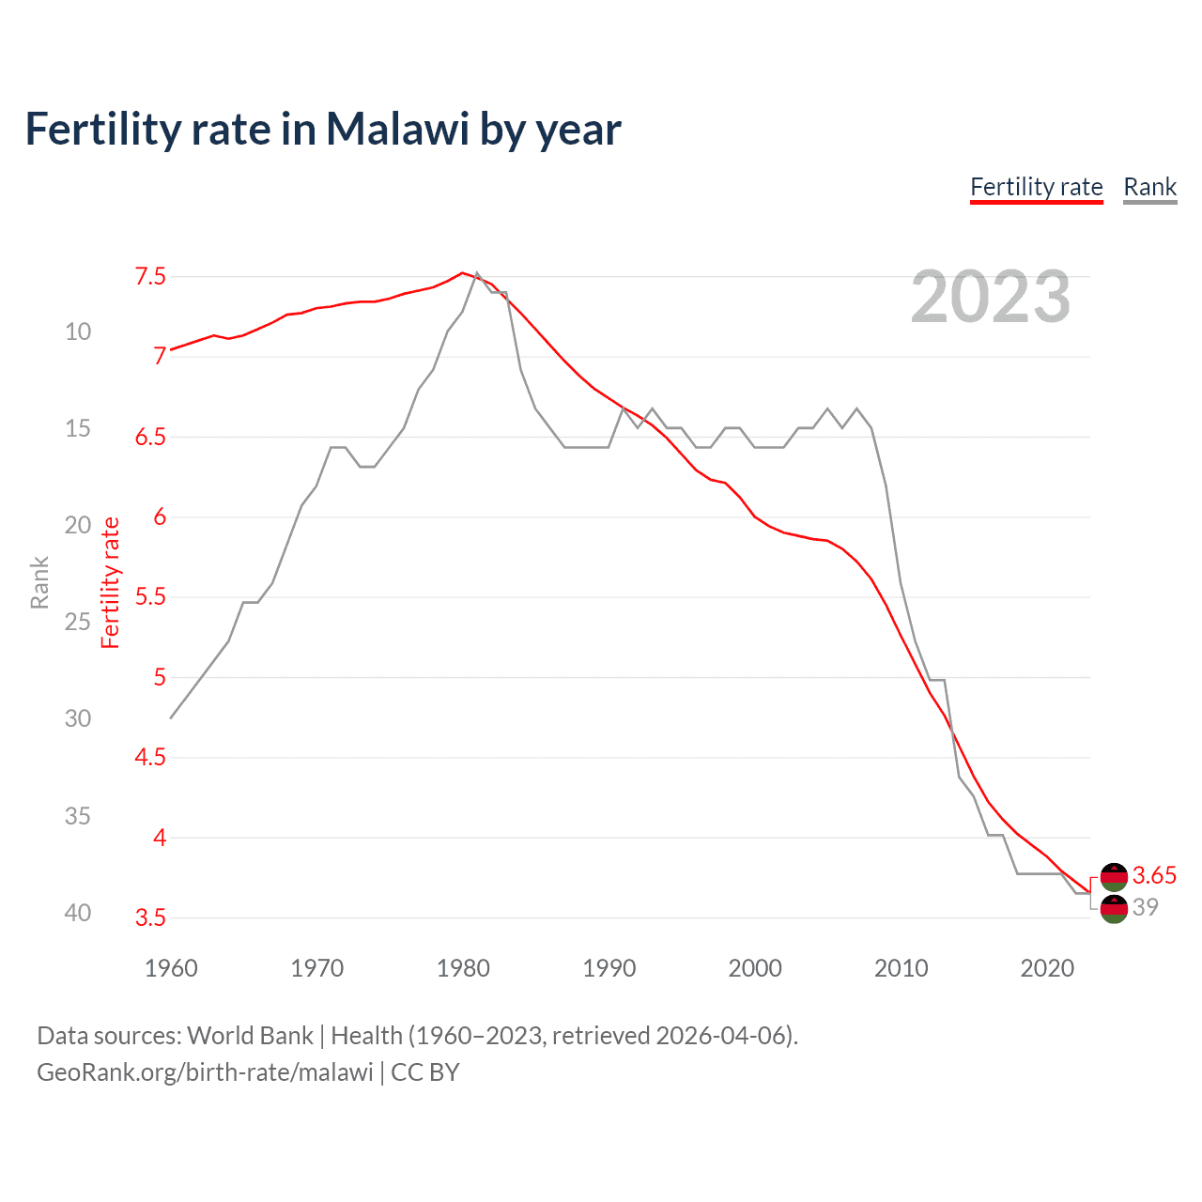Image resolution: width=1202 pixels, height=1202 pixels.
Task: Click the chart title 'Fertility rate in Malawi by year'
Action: [x=323, y=130]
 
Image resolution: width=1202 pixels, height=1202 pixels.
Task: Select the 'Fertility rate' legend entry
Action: [x=1036, y=187]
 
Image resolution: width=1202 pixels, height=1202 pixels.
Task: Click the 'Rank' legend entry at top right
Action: [x=1149, y=187]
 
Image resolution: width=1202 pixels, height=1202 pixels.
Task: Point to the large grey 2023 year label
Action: [x=990, y=297]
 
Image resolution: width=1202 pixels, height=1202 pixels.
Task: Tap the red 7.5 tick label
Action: [x=150, y=276]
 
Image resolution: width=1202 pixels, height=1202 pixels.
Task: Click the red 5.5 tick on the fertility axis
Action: [x=150, y=597]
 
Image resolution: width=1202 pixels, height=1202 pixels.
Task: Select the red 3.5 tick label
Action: [x=150, y=917]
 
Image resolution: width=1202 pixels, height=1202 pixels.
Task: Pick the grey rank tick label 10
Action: [x=78, y=331]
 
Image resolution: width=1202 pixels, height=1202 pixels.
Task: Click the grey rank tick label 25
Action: [x=78, y=622]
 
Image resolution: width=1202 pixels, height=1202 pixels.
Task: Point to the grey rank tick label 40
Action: [x=78, y=913]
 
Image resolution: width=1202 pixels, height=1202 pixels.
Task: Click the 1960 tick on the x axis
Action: [x=171, y=968]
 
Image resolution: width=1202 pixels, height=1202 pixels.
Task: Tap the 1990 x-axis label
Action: [x=609, y=968]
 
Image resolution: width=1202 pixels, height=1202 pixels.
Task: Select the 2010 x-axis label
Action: [x=901, y=968]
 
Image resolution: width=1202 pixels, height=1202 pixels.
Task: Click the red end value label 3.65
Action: [x=1154, y=875]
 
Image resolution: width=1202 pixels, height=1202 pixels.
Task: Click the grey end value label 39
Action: [x=1146, y=907]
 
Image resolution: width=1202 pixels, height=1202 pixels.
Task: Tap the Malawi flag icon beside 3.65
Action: [x=1114, y=876]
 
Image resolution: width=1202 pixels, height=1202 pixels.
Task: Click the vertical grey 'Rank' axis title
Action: [x=39, y=582]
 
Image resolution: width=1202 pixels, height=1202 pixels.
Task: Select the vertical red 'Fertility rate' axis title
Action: [x=111, y=582]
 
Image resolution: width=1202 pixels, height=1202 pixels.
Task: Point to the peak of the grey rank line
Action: [x=477, y=273]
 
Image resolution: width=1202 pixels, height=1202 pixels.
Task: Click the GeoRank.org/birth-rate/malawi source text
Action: [x=205, y=1072]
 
